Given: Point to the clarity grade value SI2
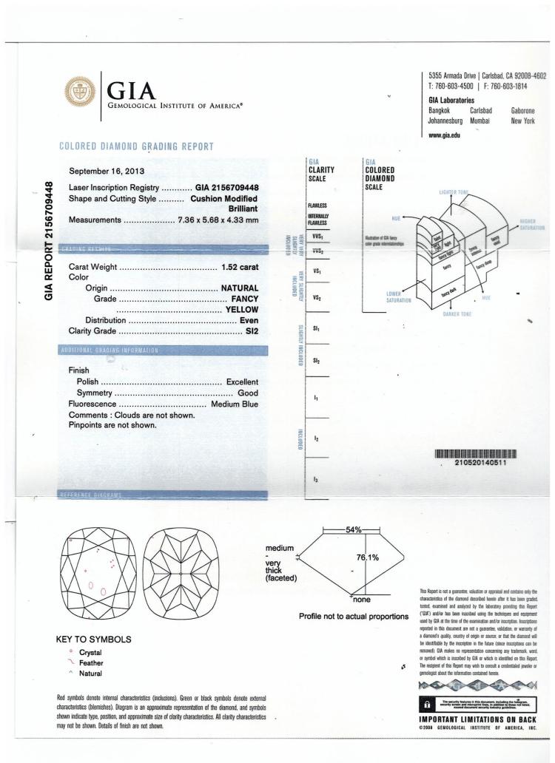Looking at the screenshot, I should [248, 330].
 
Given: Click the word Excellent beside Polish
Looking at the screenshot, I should [240, 381].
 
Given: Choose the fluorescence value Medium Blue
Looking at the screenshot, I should [235, 404].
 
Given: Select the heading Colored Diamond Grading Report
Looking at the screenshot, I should [135, 146].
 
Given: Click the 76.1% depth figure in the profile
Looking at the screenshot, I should [366, 557].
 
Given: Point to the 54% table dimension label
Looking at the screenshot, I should [353, 530].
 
